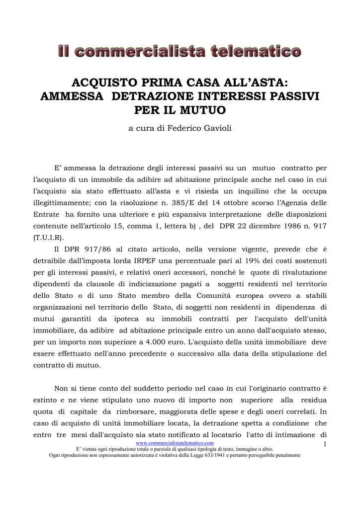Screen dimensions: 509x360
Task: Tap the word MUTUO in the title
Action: (x=201, y=109)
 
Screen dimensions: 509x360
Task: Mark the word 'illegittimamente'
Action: (x=62, y=203)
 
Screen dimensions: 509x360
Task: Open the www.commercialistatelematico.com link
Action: (x=175, y=443)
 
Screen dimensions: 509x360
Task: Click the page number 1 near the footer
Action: (x=324, y=444)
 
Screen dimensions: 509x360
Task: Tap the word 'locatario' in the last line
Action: (x=226, y=434)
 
